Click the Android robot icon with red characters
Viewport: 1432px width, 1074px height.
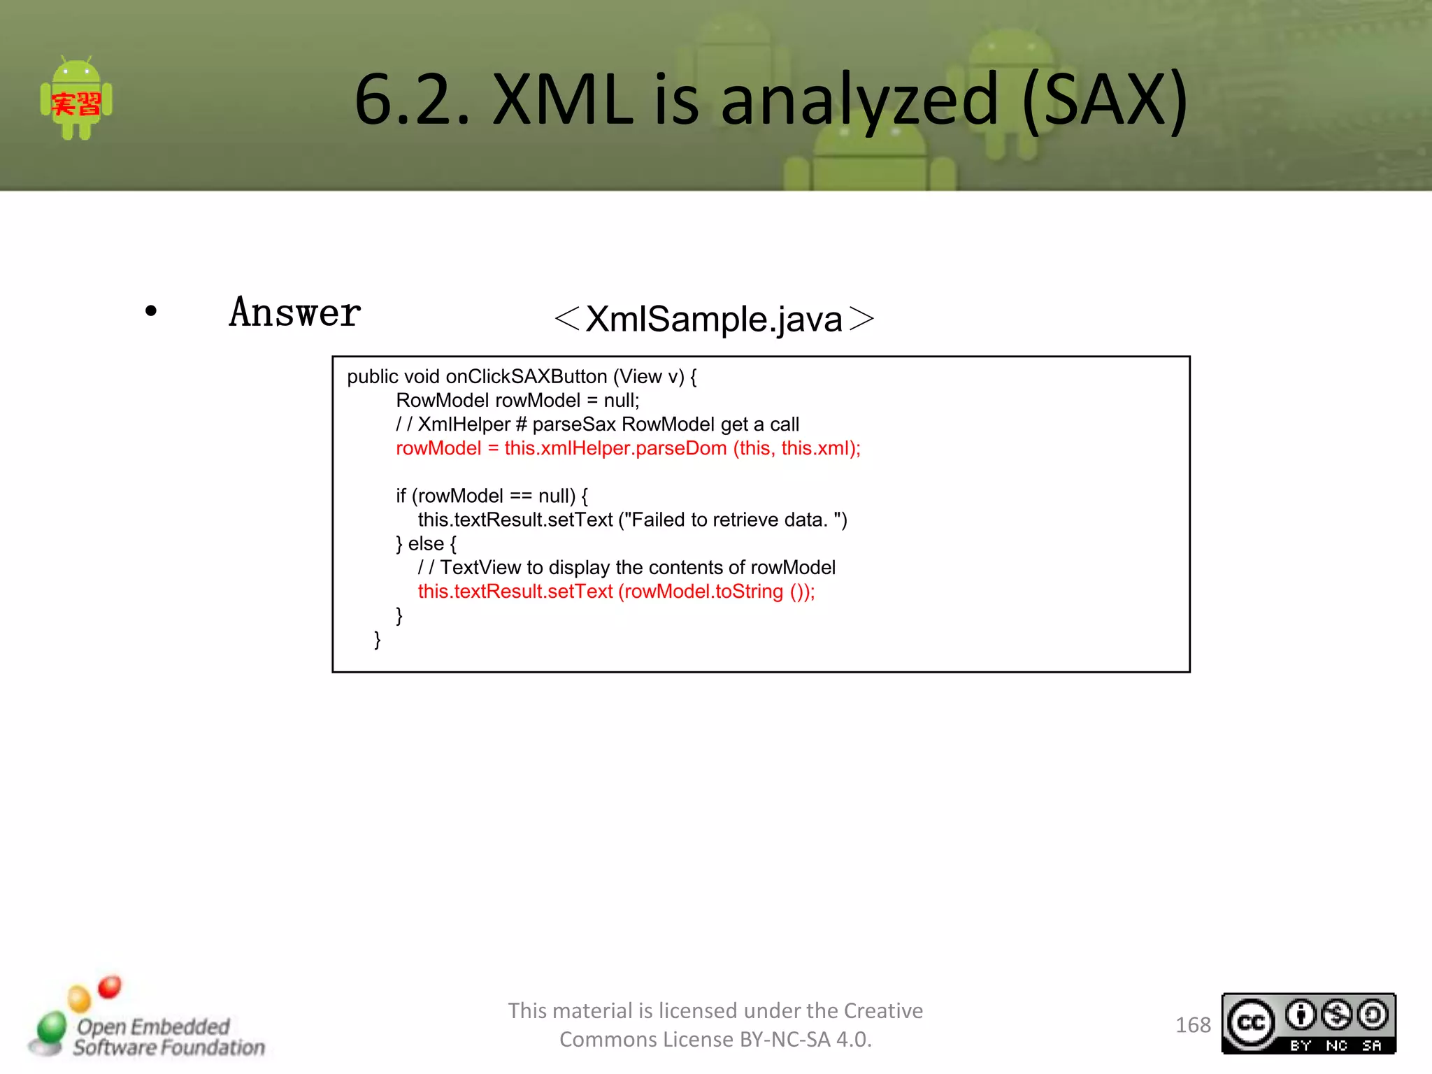pos(76,100)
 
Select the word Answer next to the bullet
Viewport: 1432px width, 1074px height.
pos(295,313)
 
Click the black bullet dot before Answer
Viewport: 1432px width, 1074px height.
pos(151,311)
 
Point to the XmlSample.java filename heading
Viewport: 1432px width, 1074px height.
pos(714,319)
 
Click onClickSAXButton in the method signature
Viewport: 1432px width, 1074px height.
pos(526,377)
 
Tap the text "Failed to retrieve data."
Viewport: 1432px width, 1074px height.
pos(729,520)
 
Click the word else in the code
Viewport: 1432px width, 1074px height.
pos(426,544)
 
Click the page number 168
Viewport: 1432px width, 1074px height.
pos(1193,1025)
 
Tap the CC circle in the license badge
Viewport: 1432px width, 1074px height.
pos(1251,1023)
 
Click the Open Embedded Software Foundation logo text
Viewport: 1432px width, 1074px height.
pos(169,1037)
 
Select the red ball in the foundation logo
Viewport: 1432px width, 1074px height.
pos(110,987)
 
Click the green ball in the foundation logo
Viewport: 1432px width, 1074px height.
pos(51,1028)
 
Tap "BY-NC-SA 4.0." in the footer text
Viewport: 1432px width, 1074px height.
pos(805,1040)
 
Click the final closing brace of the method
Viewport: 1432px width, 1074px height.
pos(378,639)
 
